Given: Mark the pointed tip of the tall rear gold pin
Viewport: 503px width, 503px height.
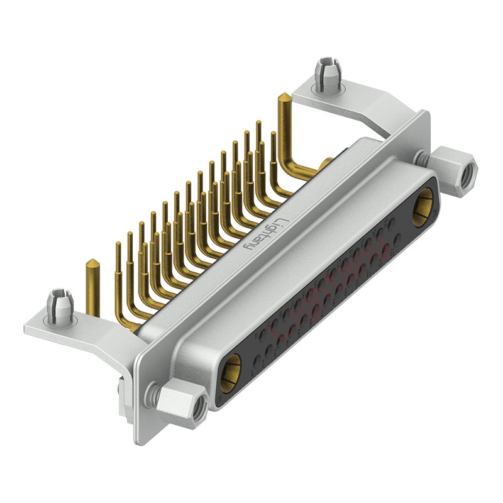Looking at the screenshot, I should tap(284, 96).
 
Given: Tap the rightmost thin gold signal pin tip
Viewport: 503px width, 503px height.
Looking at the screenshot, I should tap(273, 134).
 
